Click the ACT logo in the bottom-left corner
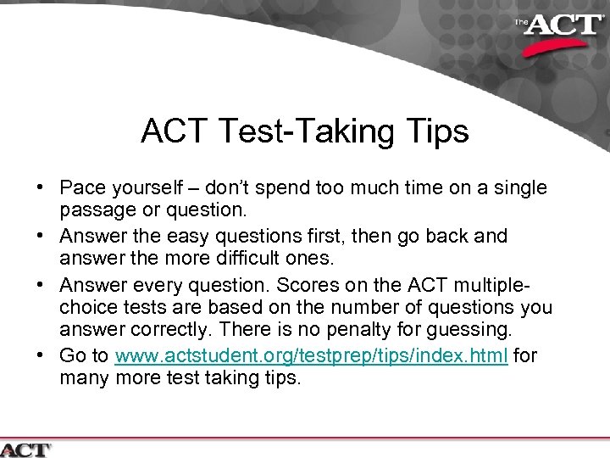point(25,449)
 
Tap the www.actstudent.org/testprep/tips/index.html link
point(312,356)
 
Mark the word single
point(518,187)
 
